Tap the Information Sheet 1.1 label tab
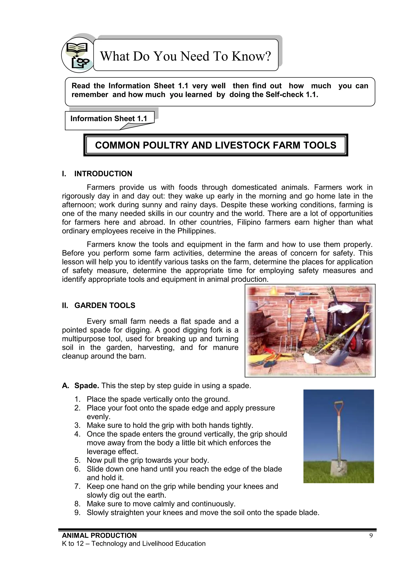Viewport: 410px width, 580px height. tap(109, 118)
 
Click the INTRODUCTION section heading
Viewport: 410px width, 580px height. tap(103, 174)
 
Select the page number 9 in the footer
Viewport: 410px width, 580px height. tap(371, 536)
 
